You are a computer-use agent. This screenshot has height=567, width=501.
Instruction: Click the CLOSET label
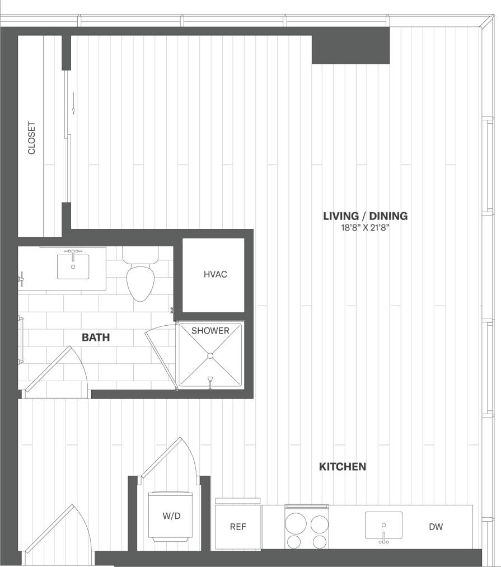(32, 138)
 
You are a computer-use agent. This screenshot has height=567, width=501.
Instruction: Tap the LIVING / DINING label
(365, 216)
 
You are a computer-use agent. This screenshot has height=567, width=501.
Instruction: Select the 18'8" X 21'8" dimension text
(365, 228)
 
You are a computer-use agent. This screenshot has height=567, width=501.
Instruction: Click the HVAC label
(215, 275)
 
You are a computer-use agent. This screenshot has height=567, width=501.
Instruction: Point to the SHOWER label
(210, 331)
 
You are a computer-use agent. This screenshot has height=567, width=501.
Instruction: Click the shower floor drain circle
(210, 355)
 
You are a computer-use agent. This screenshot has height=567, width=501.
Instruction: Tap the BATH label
(96, 338)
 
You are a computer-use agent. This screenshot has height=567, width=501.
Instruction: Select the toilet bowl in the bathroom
(140, 283)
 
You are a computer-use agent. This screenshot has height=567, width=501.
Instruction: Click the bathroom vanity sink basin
(73, 266)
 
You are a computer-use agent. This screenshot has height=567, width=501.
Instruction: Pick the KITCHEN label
(343, 466)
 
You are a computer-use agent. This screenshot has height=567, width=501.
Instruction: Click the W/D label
(171, 516)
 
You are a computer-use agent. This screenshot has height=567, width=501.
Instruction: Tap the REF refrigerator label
(238, 527)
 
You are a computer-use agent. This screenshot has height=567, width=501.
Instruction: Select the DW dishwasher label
(437, 527)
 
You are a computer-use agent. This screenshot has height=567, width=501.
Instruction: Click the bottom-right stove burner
(320, 541)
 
